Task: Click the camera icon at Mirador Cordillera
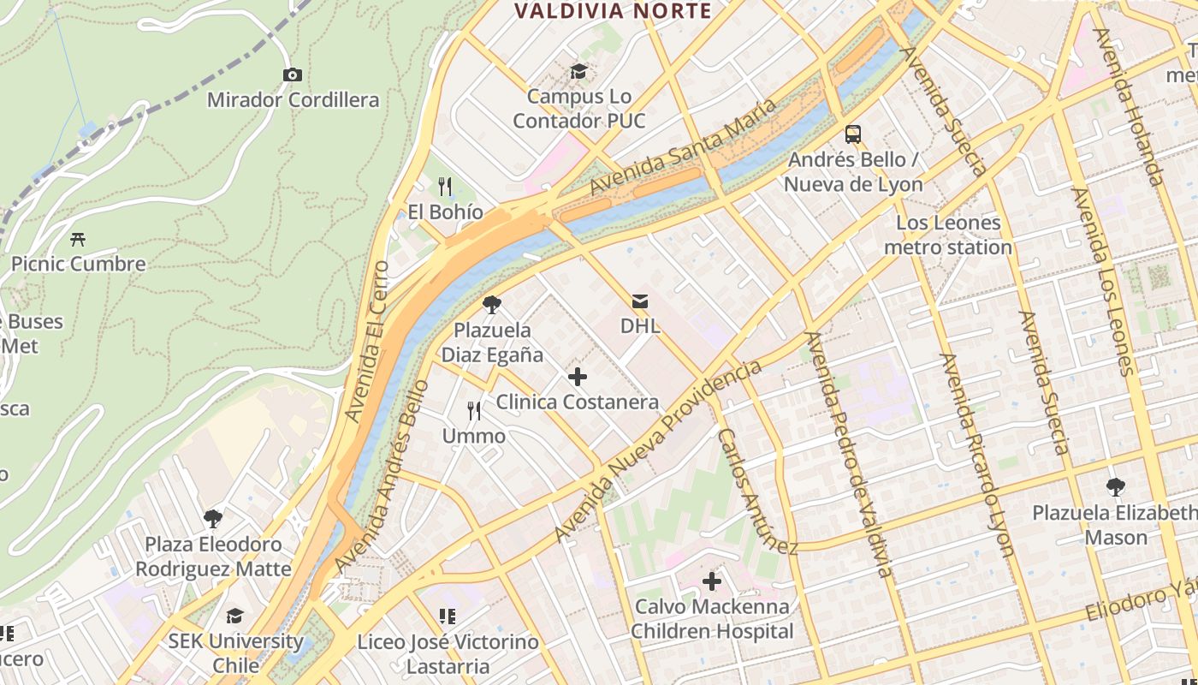pyautogui.click(x=292, y=75)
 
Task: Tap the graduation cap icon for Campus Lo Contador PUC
pyautogui.click(x=579, y=71)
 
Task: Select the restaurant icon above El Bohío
pyautogui.click(x=444, y=186)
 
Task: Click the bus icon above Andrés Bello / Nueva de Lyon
pyautogui.click(x=853, y=134)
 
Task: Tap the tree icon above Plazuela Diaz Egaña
pyautogui.click(x=491, y=304)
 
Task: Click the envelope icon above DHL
pyautogui.click(x=639, y=301)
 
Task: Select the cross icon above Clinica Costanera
pyautogui.click(x=578, y=376)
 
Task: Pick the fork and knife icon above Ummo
pyautogui.click(x=473, y=411)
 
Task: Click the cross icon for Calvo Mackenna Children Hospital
pyautogui.click(x=711, y=582)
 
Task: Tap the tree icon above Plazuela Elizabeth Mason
pyautogui.click(x=1115, y=487)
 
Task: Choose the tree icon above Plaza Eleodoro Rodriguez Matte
pyautogui.click(x=213, y=518)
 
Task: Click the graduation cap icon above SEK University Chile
pyautogui.click(x=234, y=616)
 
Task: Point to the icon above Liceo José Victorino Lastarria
pyautogui.click(x=447, y=616)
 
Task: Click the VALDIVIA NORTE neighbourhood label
pyautogui.click(x=613, y=11)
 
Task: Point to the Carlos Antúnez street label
pyautogui.click(x=757, y=491)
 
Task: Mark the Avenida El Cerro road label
pyautogui.click(x=366, y=342)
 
